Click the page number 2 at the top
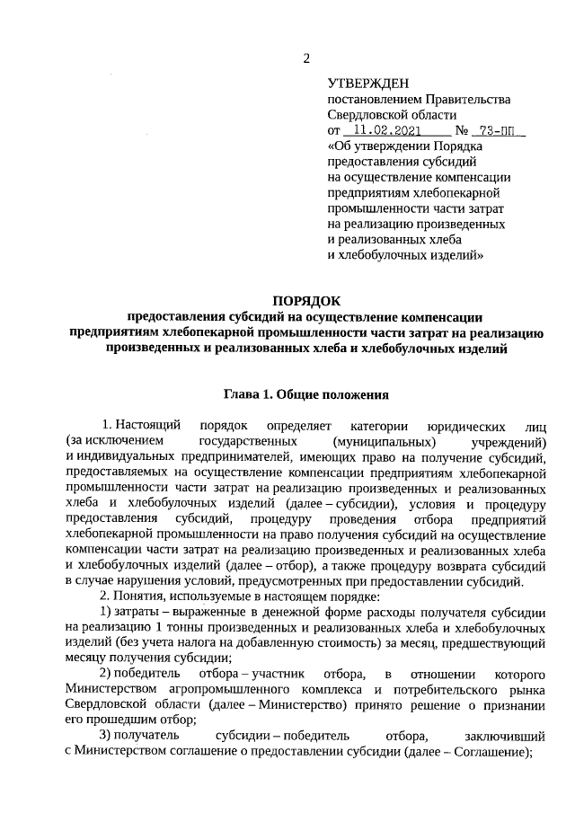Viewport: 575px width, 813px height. point(305,58)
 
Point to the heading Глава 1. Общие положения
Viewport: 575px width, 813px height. point(305,393)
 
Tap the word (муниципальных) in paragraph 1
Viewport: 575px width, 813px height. point(384,442)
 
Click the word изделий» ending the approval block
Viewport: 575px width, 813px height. point(452,255)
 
